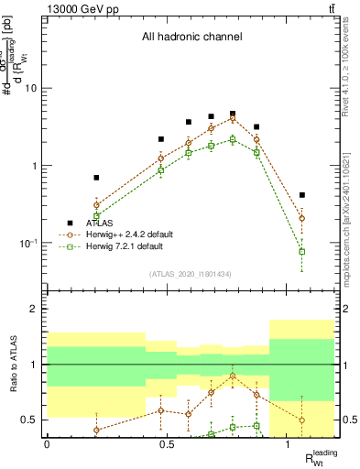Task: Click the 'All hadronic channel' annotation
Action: [191, 38]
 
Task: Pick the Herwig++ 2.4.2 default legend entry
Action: [122, 234]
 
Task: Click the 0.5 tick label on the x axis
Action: [168, 442]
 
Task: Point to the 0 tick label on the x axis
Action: [47, 442]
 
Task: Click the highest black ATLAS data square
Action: [233, 114]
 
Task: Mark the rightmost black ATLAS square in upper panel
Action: [302, 195]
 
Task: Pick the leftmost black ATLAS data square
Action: [96, 178]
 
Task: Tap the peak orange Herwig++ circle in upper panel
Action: [233, 119]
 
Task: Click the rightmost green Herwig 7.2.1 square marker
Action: [302, 251]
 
